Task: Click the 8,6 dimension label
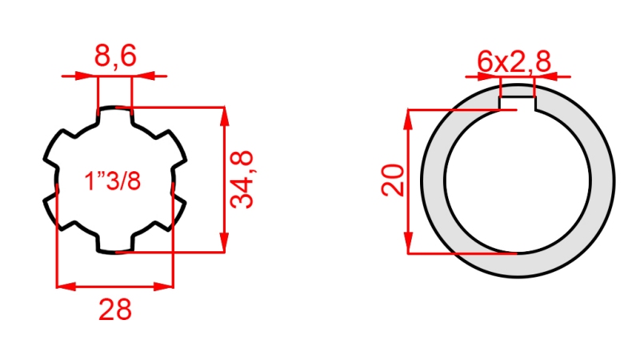(115, 56)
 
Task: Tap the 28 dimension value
(115, 309)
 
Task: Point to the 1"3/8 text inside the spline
(113, 182)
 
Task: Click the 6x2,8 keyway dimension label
(514, 62)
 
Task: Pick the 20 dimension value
(392, 181)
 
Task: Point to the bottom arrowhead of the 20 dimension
(409, 246)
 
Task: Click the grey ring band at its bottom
(517, 264)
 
